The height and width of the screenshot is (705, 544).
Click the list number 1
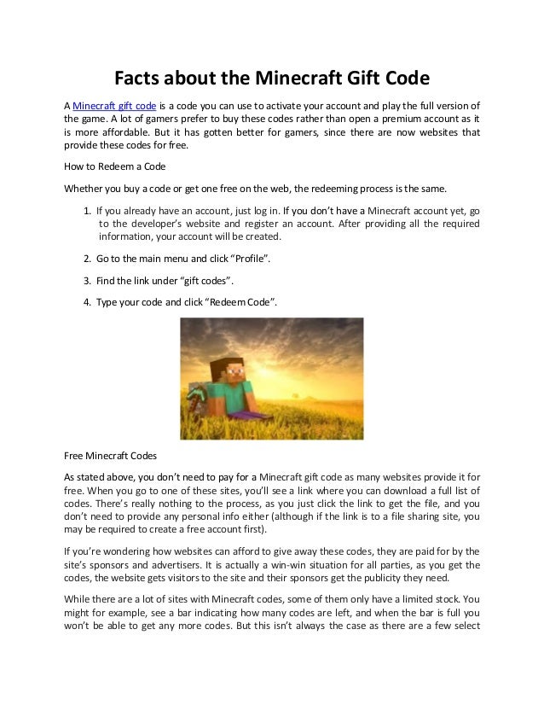89,208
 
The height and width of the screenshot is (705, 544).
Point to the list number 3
89,280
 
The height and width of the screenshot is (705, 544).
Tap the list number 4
89,303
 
